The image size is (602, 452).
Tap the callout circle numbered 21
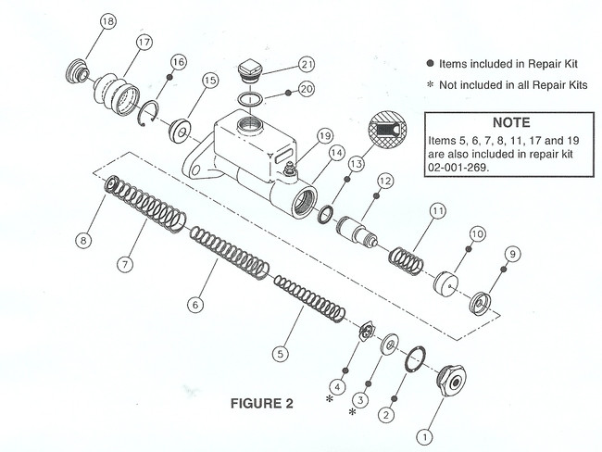click(x=306, y=64)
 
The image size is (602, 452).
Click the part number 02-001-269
click(x=458, y=170)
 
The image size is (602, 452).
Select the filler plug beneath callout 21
click(x=251, y=70)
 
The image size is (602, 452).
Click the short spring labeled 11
click(x=405, y=252)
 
